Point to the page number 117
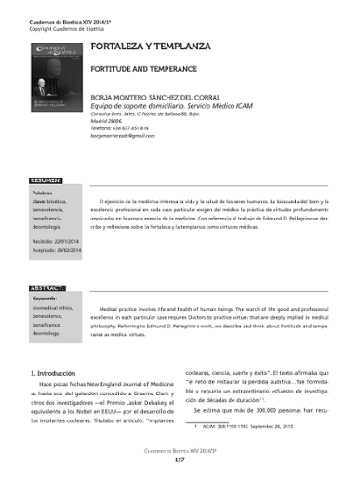click(180, 459)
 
